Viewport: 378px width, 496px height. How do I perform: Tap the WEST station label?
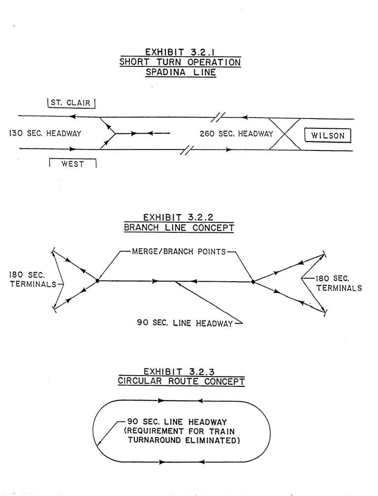coord(72,163)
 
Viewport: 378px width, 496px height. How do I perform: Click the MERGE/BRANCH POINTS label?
coord(179,252)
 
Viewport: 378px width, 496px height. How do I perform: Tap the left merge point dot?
coord(97,281)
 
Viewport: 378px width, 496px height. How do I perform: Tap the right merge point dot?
coord(253,282)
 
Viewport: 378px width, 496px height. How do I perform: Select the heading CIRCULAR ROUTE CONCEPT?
coord(181,381)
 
